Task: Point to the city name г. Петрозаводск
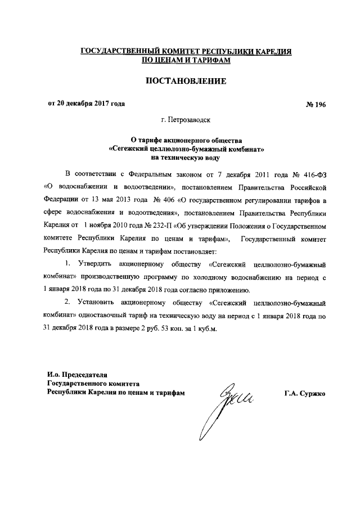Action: (x=186, y=120)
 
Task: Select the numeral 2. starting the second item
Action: (x=66, y=301)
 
